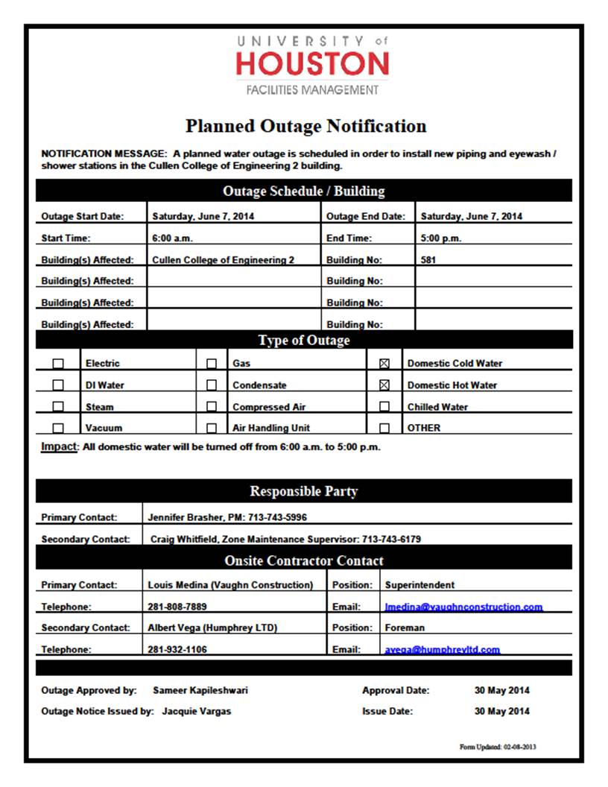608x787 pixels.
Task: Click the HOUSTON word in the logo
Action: click(312, 64)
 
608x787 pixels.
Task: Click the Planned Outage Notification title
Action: click(305, 126)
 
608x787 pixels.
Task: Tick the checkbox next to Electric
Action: click(58, 364)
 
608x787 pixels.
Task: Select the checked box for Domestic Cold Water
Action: click(384, 364)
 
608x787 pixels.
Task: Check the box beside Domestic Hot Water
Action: click(384, 385)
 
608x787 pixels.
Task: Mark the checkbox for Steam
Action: click(58, 407)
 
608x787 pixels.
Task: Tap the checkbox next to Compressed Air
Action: click(212, 407)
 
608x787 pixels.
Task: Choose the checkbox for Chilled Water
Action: click(384, 407)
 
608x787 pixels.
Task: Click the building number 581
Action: click(428, 260)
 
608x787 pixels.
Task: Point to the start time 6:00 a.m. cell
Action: click(173, 238)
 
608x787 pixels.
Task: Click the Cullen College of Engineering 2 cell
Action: click(223, 260)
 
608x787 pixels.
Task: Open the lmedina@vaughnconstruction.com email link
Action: click(463, 607)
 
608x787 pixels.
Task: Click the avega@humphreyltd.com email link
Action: click(443, 650)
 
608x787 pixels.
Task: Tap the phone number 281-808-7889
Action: click(177, 607)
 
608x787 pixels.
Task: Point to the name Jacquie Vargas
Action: click(197, 711)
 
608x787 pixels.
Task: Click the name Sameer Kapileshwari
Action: click(200, 690)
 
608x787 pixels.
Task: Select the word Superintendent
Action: click(419, 585)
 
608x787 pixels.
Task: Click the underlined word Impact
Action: click(59, 446)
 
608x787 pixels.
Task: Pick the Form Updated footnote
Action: click(498, 747)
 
